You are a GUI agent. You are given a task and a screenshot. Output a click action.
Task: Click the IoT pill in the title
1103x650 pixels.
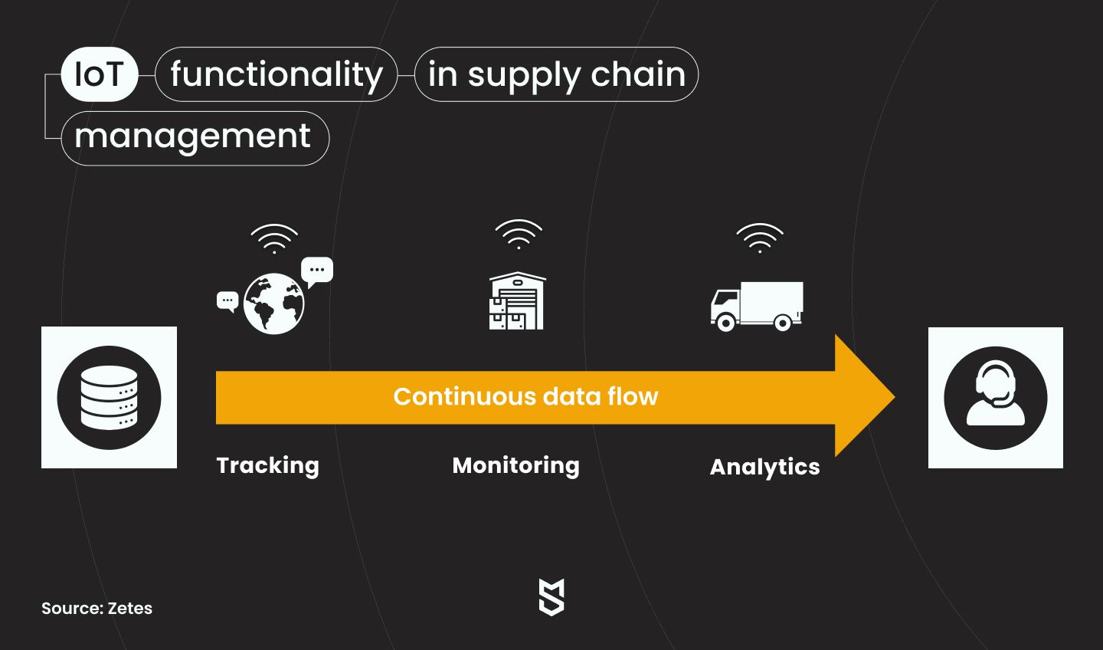[x=99, y=74]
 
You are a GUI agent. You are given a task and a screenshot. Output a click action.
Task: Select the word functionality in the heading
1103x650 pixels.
[x=277, y=75]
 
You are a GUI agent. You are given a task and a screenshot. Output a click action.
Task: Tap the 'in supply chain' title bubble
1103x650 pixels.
[x=556, y=74]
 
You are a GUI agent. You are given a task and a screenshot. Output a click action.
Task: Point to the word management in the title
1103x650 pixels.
[x=192, y=136]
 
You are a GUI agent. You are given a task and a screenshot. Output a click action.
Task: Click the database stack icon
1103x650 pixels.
[x=109, y=397]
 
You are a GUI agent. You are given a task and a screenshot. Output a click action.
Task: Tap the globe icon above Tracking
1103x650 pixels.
[x=273, y=304]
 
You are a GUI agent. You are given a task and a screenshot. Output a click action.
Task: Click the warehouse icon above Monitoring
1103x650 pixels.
[x=517, y=300]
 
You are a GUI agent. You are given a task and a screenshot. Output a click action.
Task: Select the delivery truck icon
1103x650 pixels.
[x=756, y=306]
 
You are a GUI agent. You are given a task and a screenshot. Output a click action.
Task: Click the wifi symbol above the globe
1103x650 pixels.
[x=274, y=239]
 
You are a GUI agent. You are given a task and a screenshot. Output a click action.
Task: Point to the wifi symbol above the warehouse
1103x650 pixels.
[x=519, y=235]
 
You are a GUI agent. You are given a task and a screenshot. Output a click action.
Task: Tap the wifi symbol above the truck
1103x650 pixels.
[x=760, y=238]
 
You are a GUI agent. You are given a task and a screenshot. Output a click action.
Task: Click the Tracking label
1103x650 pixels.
[x=268, y=466]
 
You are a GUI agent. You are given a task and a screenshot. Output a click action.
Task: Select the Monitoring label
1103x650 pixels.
[x=516, y=466]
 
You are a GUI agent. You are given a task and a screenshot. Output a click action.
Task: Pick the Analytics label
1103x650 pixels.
[x=764, y=467]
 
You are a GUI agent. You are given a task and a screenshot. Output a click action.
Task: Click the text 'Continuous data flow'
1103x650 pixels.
[x=525, y=397]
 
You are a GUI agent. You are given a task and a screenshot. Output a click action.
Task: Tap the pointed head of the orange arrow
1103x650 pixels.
[x=894, y=397]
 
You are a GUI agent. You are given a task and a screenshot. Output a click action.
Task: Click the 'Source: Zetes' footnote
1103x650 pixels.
[x=97, y=608]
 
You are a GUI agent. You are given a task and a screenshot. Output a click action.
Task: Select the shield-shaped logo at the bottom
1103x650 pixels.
[x=551, y=597]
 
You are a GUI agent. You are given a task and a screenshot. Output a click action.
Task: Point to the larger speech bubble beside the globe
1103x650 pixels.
[x=317, y=271]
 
